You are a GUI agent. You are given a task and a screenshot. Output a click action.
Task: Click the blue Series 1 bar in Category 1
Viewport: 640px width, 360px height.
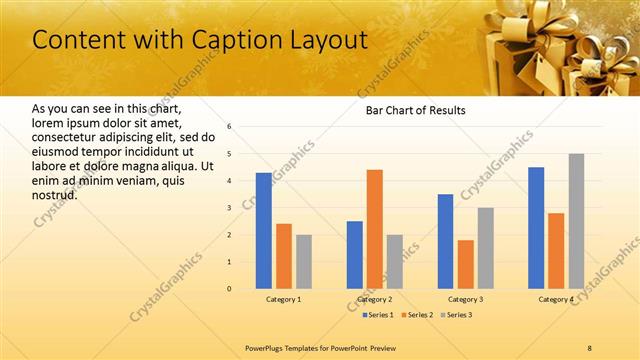(x=263, y=230)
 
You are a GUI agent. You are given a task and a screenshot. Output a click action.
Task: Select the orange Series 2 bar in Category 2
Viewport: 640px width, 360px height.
(x=375, y=229)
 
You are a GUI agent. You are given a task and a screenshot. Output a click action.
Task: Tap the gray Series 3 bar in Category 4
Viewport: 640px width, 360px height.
(x=576, y=221)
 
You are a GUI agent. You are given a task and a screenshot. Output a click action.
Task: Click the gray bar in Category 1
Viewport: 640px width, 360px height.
(x=304, y=261)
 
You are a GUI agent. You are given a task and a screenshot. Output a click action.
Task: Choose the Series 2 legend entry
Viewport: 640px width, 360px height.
(x=415, y=315)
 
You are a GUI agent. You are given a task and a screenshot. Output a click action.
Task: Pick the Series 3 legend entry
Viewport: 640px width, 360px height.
(x=457, y=315)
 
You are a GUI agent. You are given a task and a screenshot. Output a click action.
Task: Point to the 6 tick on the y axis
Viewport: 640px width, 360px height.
(x=230, y=127)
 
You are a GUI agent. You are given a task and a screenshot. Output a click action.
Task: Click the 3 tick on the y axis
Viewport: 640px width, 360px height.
(x=230, y=208)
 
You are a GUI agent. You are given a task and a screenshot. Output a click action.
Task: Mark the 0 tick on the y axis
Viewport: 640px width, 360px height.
(x=230, y=289)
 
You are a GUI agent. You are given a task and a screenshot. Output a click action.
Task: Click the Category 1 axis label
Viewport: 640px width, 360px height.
(x=284, y=299)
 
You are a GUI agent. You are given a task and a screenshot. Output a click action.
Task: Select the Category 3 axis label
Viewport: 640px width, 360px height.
(x=466, y=299)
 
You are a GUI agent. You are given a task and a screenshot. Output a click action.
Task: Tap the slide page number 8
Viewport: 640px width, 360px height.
(x=590, y=346)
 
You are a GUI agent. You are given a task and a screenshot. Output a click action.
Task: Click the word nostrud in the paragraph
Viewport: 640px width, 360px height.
(x=55, y=193)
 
